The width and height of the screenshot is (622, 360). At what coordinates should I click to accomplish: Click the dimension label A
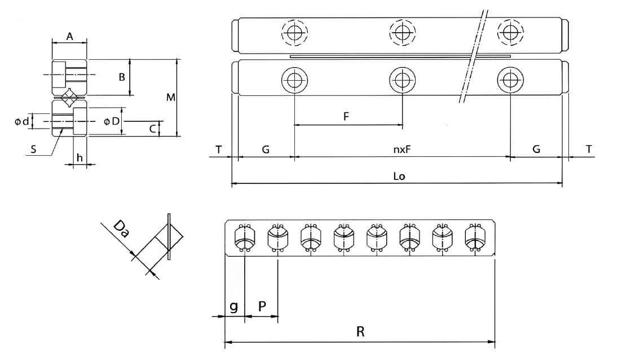(69, 36)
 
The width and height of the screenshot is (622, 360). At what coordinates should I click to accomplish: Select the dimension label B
(121, 77)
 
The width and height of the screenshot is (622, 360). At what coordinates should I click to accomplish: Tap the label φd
(22, 121)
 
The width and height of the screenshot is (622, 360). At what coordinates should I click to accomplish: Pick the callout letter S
(35, 150)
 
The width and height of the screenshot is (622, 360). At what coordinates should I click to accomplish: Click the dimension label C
(152, 129)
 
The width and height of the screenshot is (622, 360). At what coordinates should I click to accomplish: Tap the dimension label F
(347, 117)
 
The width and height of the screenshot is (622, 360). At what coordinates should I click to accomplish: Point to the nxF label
(401, 150)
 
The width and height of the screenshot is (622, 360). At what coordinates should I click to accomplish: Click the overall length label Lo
(398, 177)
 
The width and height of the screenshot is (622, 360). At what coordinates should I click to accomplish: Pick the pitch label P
(262, 306)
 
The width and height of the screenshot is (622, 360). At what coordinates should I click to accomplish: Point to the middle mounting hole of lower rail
(402, 81)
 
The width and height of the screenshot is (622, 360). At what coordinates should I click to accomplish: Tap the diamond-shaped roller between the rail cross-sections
(69, 97)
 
